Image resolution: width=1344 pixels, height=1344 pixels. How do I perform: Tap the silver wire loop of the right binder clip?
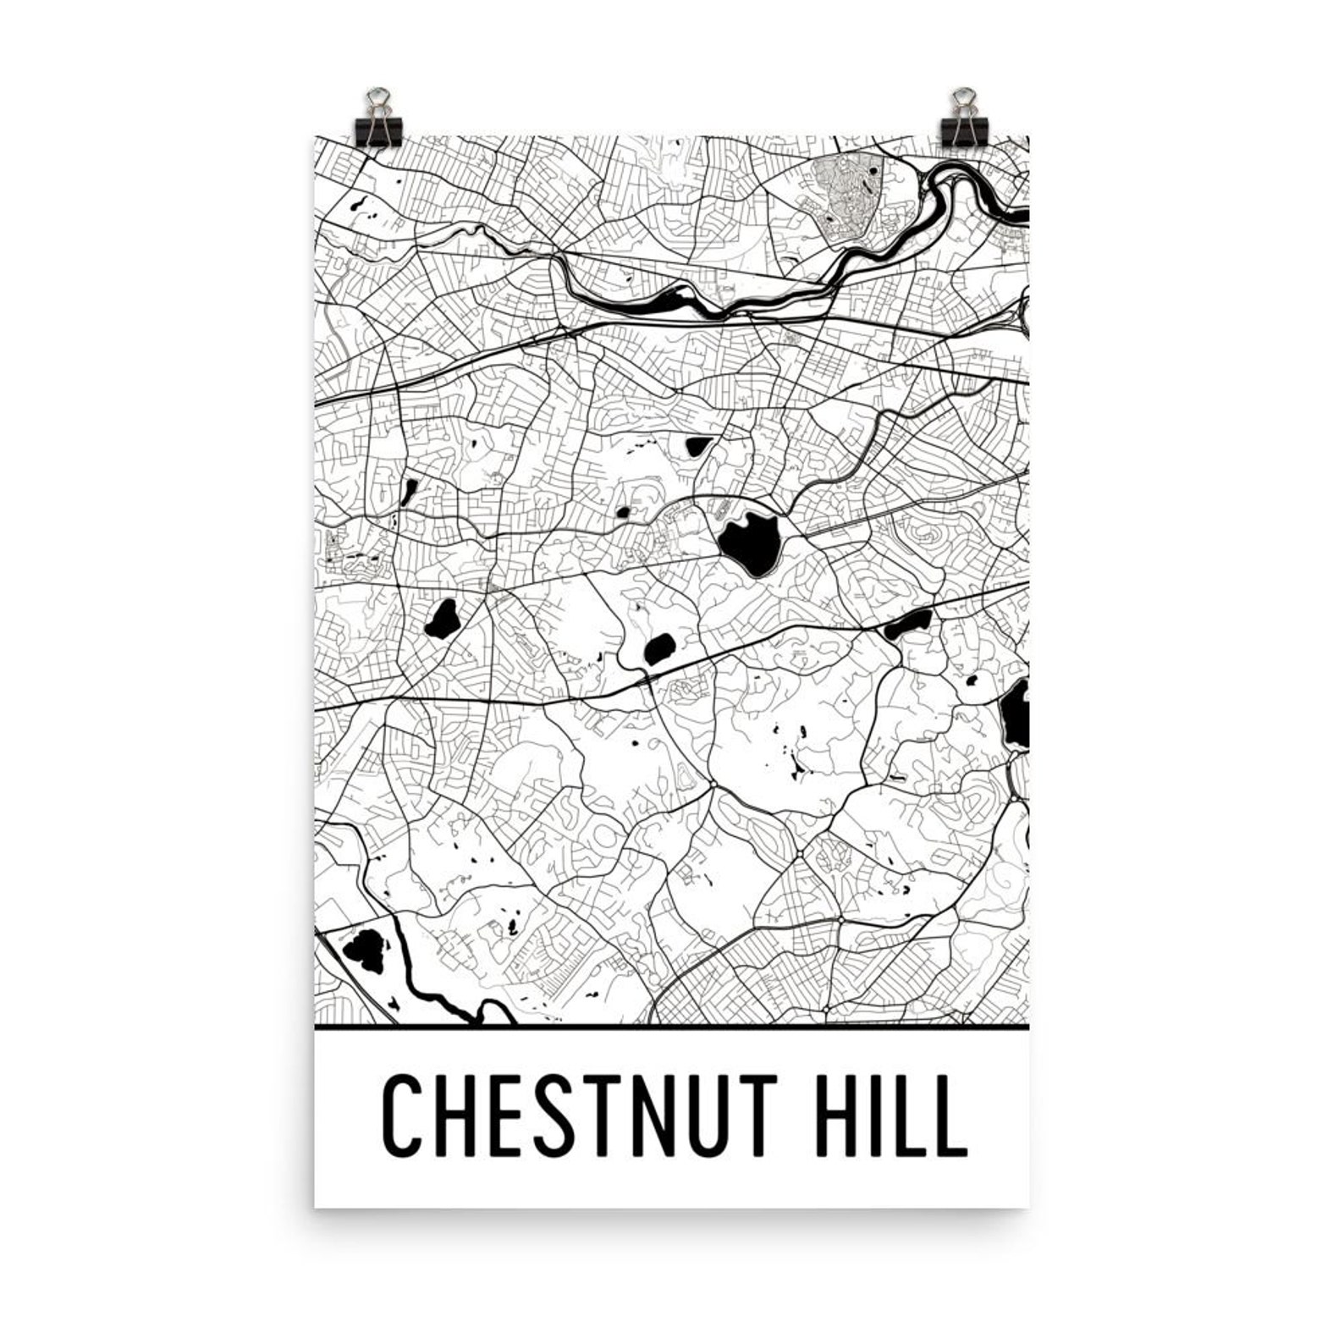[x=961, y=100]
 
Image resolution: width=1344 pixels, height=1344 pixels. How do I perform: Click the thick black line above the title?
[x=671, y=1027]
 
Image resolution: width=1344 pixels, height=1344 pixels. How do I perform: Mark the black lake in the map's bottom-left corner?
[x=365, y=949]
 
